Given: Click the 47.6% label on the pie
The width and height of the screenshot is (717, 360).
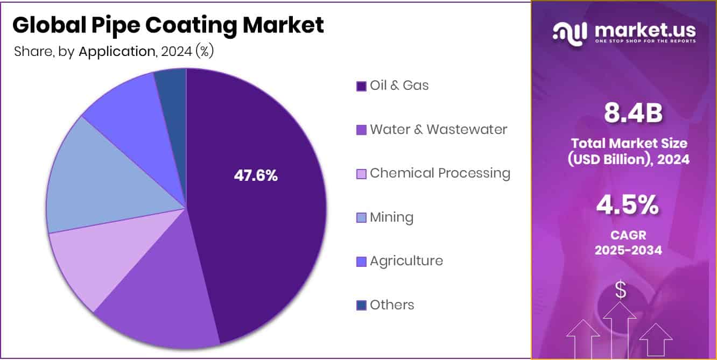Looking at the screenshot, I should pyautogui.click(x=256, y=175).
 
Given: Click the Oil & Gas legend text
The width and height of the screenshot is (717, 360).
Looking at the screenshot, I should pyautogui.click(x=399, y=85).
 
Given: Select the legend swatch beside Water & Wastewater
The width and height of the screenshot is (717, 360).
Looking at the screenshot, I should pyautogui.click(x=361, y=130).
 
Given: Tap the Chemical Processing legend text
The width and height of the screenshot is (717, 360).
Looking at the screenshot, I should pyautogui.click(x=440, y=173).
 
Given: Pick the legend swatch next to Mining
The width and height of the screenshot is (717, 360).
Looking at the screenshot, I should pyautogui.click(x=361, y=217).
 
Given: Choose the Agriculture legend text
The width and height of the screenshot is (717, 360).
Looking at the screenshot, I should pyautogui.click(x=406, y=261).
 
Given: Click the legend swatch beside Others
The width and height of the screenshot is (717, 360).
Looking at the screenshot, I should pyautogui.click(x=361, y=305).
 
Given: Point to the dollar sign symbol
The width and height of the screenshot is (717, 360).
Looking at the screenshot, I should pyautogui.click(x=621, y=290).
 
